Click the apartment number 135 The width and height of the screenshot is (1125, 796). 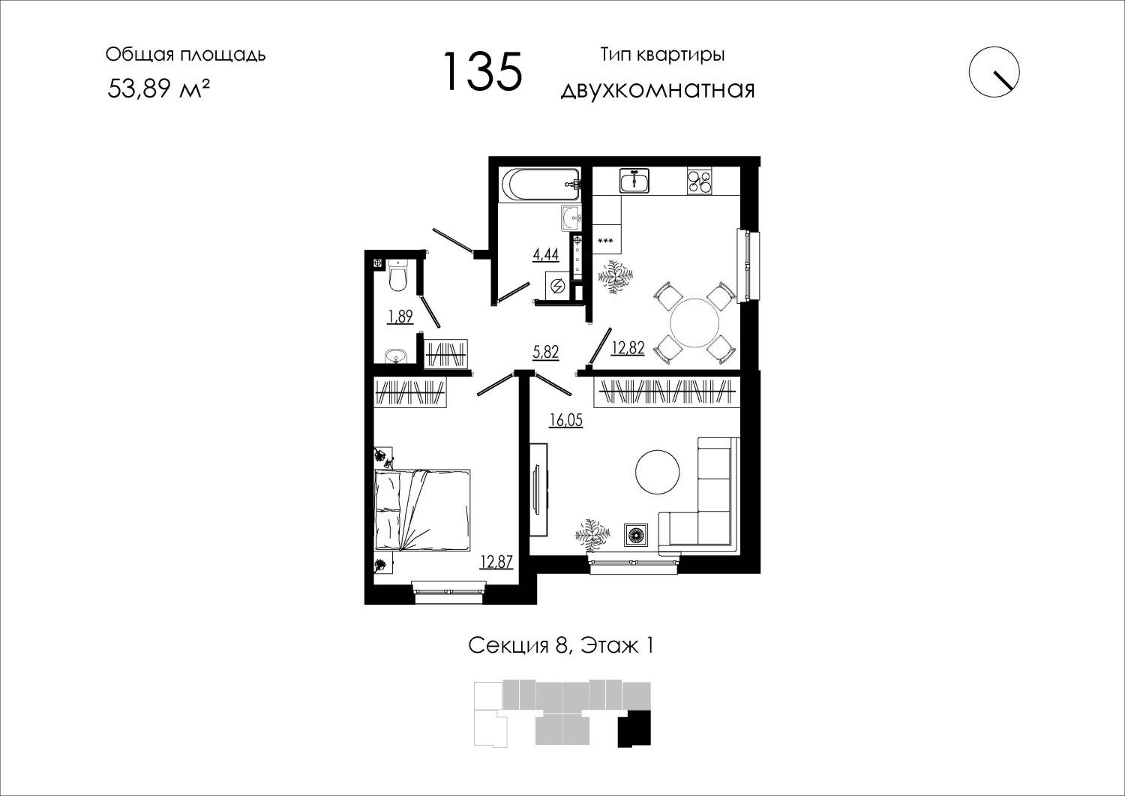pyautogui.click(x=483, y=71)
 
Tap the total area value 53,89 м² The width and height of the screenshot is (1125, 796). pyautogui.click(x=158, y=89)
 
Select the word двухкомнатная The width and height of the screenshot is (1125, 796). pyautogui.click(x=658, y=91)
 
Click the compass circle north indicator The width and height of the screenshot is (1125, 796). pyautogui.click(x=994, y=72)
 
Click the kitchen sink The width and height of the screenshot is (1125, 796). pyautogui.click(x=634, y=181)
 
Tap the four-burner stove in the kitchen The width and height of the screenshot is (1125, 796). pyautogui.click(x=700, y=181)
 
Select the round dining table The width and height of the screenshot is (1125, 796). pyautogui.click(x=694, y=323)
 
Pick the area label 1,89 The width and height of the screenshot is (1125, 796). pyautogui.click(x=400, y=317)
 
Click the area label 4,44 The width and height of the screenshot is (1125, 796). pyautogui.click(x=545, y=255)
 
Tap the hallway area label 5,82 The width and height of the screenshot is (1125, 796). pyautogui.click(x=545, y=353)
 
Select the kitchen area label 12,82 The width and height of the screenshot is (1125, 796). pyautogui.click(x=627, y=347)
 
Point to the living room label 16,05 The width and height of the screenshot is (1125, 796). pyautogui.click(x=566, y=419)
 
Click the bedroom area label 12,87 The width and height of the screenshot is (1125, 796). pyautogui.click(x=496, y=561)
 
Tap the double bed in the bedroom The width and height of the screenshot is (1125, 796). pyautogui.click(x=422, y=509)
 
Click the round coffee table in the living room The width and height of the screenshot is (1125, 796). pyautogui.click(x=658, y=472)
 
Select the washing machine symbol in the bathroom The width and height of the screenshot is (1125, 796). pyautogui.click(x=558, y=286)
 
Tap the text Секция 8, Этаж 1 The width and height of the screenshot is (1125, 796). pyautogui.click(x=561, y=646)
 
